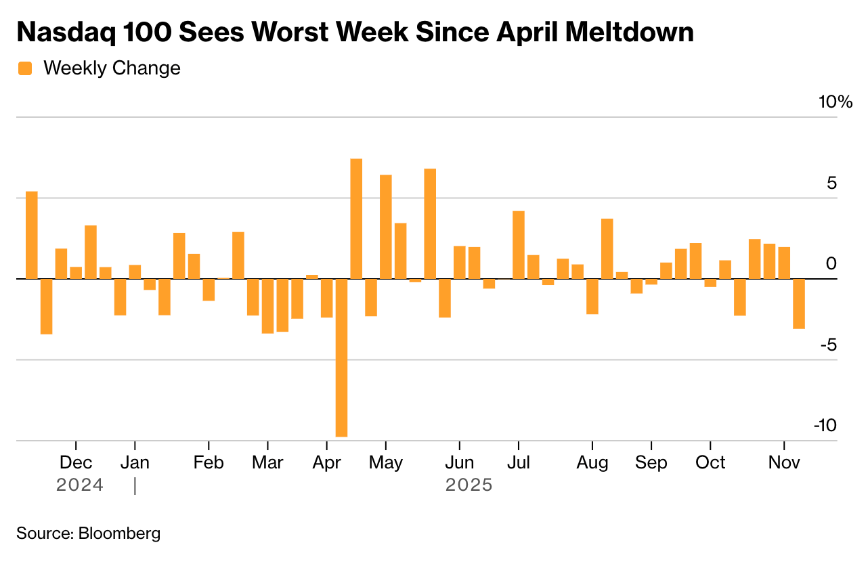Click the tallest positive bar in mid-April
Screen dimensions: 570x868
[x=356, y=219]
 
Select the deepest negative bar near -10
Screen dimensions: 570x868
[x=341, y=357]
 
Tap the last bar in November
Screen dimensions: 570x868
[x=799, y=303]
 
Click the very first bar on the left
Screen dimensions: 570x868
[x=32, y=235]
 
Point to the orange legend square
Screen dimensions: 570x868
[x=25, y=68]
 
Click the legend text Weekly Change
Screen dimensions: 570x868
[x=112, y=68]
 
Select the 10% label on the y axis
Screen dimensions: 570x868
[x=836, y=102]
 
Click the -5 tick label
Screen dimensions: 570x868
[x=828, y=345]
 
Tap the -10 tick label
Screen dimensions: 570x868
[x=825, y=425]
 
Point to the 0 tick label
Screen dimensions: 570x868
[x=831, y=264]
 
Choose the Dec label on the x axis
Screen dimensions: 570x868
[x=76, y=463]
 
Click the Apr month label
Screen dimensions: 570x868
[x=327, y=463]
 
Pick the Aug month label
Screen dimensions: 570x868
[x=592, y=463]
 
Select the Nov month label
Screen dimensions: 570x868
[x=784, y=463]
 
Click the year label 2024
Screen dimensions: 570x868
[x=80, y=485]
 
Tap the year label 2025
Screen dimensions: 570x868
[x=469, y=485]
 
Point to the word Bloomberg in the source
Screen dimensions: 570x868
[x=120, y=533]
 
